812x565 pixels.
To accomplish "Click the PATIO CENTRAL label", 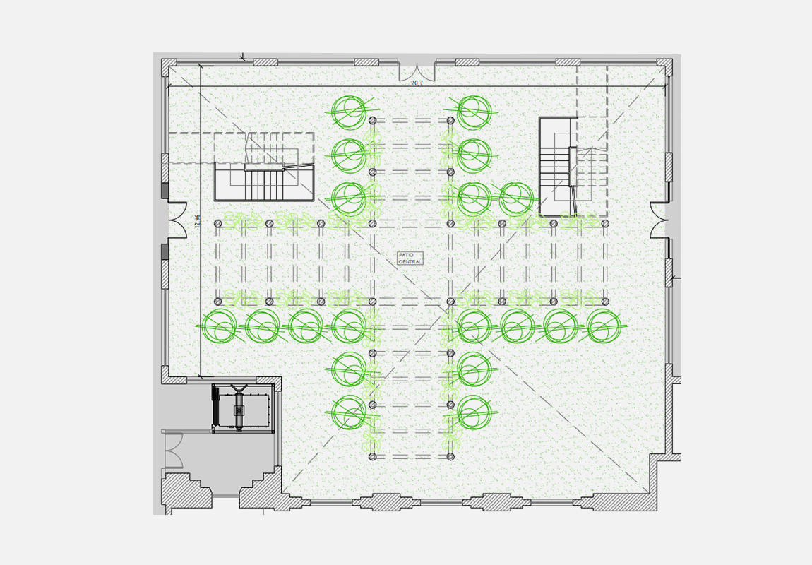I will [x=410, y=258].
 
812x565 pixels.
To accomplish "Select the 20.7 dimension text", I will [x=417, y=83].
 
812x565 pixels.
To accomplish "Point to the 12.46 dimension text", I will [x=197, y=220].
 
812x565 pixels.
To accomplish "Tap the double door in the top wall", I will [x=417, y=71].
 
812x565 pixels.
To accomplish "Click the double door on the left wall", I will [x=176, y=221].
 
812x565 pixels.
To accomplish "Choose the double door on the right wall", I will [x=659, y=220].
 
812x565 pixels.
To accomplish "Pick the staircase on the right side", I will [x=556, y=167].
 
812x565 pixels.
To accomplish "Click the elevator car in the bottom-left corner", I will [x=242, y=409].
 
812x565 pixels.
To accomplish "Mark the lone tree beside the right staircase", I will [x=516, y=198].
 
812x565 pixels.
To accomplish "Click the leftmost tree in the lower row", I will [x=219, y=326].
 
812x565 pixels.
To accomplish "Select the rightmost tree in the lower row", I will [x=604, y=326].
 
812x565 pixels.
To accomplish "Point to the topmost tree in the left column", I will [x=349, y=111].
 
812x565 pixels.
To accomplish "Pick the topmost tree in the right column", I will [x=474, y=111].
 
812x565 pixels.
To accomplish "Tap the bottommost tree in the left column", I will [x=349, y=412].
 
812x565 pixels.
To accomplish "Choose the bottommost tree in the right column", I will [x=474, y=411].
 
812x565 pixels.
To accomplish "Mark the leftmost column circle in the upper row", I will [x=218, y=224].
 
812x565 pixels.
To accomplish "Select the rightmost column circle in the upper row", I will [x=605, y=224].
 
